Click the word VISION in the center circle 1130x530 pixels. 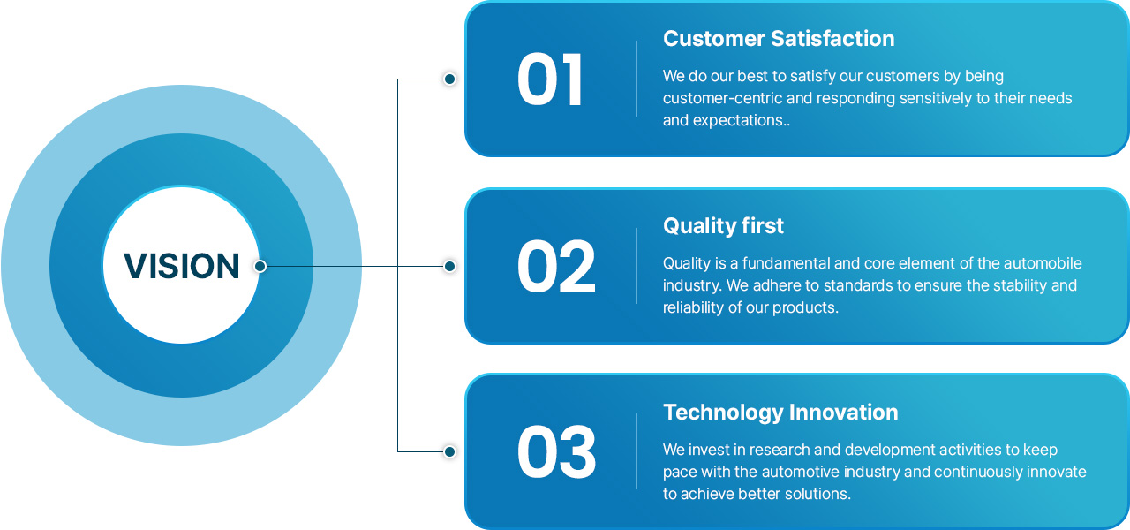coord(182,266)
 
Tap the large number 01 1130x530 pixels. coord(550,79)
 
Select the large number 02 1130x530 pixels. coord(556,266)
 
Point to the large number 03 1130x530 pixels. coord(556,451)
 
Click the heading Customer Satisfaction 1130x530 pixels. coord(779,38)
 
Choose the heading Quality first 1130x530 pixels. coord(723,226)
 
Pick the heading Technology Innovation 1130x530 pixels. coord(780,413)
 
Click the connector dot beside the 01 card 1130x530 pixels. coord(449,79)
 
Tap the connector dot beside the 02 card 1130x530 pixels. coord(449,266)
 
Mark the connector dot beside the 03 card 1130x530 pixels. coord(449,451)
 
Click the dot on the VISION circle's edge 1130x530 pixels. coord(260,266)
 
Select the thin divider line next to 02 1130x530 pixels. coord(637,266)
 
